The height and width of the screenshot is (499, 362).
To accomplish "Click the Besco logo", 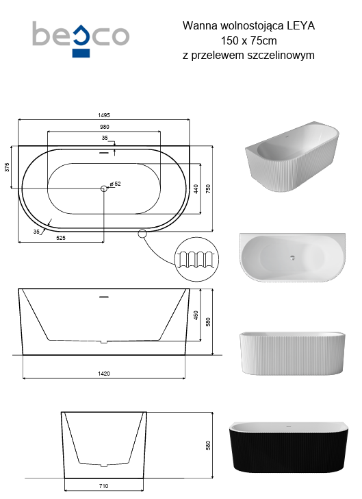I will coord(81,37).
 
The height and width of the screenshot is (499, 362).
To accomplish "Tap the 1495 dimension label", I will coord(103,115).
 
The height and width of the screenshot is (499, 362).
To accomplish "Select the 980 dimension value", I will coord(104,127).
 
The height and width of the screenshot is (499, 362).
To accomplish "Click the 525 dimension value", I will coord(60,239).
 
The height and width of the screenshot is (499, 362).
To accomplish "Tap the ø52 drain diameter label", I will coord(116,184).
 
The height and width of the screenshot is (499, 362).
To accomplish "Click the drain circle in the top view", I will coord(104,187).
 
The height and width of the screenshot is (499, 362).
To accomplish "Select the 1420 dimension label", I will coord(104,374).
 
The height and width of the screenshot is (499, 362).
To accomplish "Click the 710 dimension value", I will coord(104,486).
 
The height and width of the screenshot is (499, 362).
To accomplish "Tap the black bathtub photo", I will coord(292,446).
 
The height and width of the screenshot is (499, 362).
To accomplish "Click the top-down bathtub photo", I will coord(292,256).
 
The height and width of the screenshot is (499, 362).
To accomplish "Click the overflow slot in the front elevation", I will coord(104,297).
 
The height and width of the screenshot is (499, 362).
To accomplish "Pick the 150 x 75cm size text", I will coord(248,40).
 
